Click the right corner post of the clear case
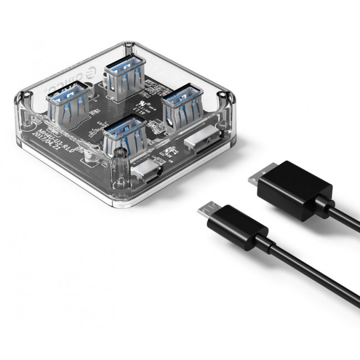(x=224, y=105)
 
